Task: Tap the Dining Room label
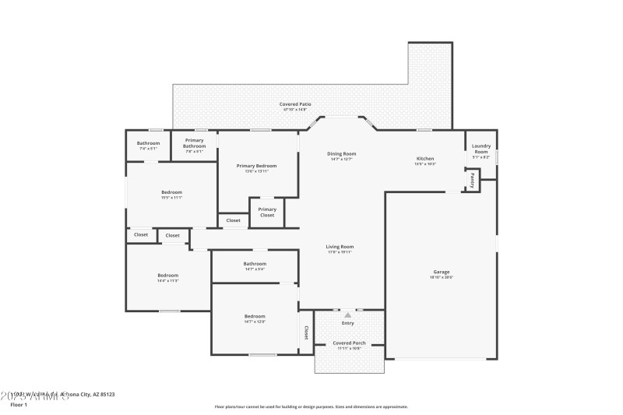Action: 341,154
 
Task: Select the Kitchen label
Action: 424,158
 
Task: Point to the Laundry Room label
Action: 481,149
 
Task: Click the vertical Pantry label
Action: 472,181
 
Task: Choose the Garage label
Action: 442,272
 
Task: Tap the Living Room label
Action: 340,247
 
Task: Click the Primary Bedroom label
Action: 256,166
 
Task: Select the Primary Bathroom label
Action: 194,143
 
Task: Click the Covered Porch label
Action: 350,343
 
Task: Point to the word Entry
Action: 347,322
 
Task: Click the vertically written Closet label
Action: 306,332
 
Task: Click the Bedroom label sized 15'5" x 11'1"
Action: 171,192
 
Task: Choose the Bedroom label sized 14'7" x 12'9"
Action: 255,316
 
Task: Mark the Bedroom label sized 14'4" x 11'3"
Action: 168,275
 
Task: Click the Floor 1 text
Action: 19,405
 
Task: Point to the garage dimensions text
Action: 442,277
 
